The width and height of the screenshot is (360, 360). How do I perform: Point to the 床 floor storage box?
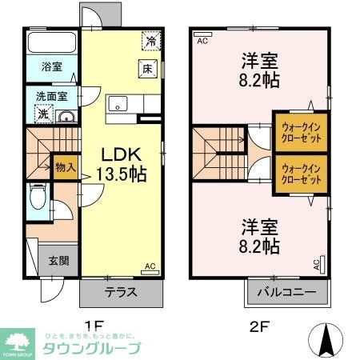pyautogui.click(x=148, y=69)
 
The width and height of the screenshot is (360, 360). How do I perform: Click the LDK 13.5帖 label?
pyautogui.click(x=119, y=164)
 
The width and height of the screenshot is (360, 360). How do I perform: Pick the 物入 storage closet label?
pyautogui.click(x=65, y=168)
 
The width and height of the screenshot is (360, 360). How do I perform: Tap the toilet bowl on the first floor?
pyautogui.click(x=36, y=197)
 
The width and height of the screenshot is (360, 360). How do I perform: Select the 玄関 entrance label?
pyautogui.click(x=59, y=260)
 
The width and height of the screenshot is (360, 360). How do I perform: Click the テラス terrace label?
pyautogui.click(x=120, y=291)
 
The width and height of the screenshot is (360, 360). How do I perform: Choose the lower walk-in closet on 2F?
pyautogui.click(x=301, y=174)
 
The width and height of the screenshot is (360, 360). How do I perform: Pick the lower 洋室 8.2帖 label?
pyautogui.click(x=259, y=234)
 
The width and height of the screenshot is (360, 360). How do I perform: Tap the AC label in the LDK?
pyautogui.click(x=150, y=266)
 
